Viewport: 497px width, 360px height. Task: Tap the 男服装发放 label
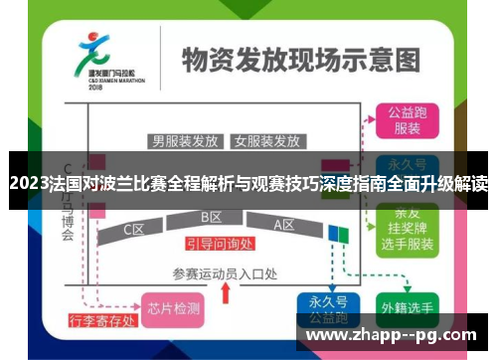click(185, 140)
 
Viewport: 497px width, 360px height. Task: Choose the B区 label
click(211, 217)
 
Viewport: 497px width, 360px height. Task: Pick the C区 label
click(135, 230)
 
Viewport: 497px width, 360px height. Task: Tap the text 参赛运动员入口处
click(225, 273)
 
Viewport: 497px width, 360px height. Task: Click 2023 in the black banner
click(26, 184)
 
